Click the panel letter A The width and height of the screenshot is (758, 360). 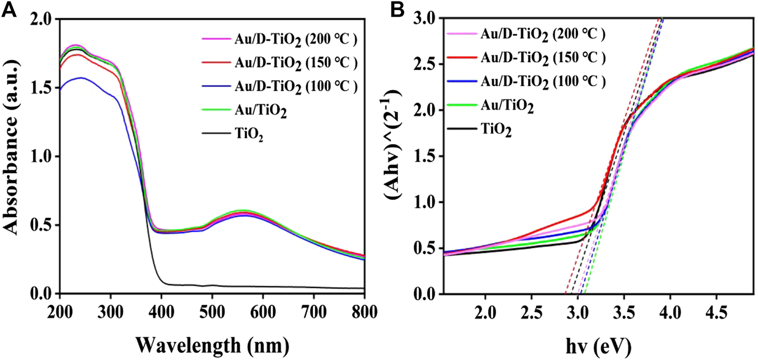click(9, 9)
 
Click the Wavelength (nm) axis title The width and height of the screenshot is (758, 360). click(212, 345)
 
